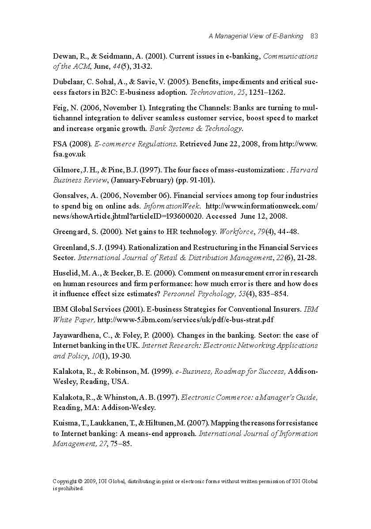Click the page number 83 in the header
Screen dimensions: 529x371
(314, 36)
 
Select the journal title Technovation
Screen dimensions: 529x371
(210, 93)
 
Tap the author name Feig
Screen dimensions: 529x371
(60, 108)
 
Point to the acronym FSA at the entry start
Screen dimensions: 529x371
(60, 144)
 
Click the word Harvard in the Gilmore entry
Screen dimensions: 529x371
(304, 170)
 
